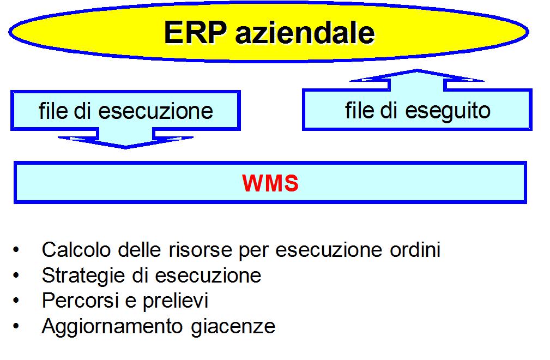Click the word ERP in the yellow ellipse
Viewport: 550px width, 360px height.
tap(195, 32)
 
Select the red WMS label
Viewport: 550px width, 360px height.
tap(270, 183)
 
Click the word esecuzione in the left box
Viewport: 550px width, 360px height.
tap(155, 111)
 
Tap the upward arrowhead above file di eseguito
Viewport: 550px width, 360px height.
tap(416, 75)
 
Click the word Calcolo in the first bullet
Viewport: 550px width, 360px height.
tap(76, 250)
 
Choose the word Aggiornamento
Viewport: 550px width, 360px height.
tap(112, 327)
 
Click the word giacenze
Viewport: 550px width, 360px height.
tap(233, 327)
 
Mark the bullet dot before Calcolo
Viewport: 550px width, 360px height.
tap(16, 250)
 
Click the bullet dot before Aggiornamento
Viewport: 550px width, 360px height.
tap(16, 326)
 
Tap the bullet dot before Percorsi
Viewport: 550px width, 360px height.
tap(16, 301)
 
